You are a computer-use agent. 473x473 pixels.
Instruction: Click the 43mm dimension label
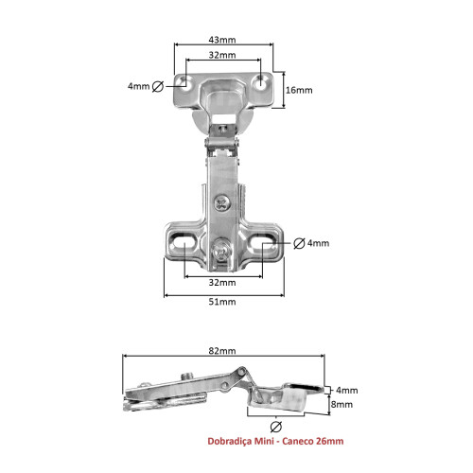(223, 39)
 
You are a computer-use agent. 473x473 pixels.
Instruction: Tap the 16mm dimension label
(297, 90)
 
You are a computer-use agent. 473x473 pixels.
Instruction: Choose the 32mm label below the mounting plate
(223, 282)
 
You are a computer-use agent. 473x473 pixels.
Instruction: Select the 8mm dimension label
(342, 404)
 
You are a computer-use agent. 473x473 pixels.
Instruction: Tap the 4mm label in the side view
(346, 389)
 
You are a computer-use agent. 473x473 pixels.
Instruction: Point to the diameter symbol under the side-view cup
(277, 425)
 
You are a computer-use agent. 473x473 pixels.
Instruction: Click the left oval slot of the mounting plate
(182, 247)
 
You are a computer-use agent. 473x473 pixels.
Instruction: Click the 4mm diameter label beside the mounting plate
(311, 243)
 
